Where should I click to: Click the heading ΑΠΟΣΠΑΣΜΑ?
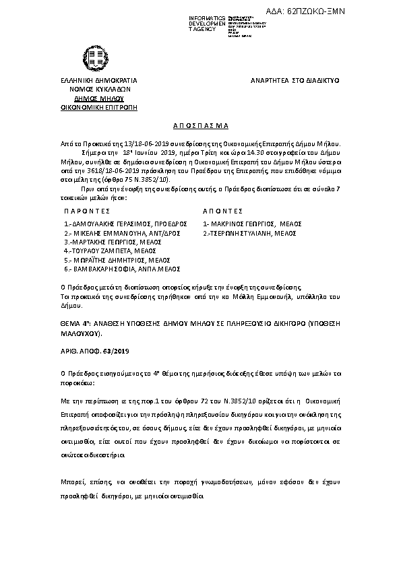pos(199,125)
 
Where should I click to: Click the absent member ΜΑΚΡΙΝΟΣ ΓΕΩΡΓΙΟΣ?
pos(251,224)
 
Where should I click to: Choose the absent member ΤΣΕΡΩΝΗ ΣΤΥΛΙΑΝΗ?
pos(251,232)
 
